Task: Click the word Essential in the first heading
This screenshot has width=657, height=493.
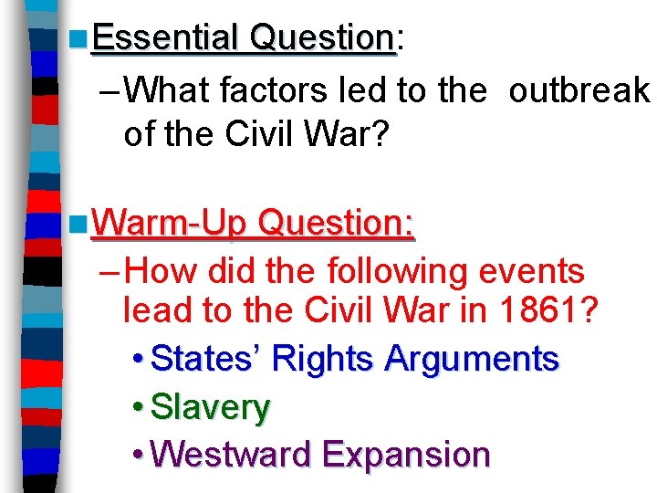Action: pos(165,37)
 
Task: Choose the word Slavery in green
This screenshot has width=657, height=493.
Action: pos(210,407)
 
